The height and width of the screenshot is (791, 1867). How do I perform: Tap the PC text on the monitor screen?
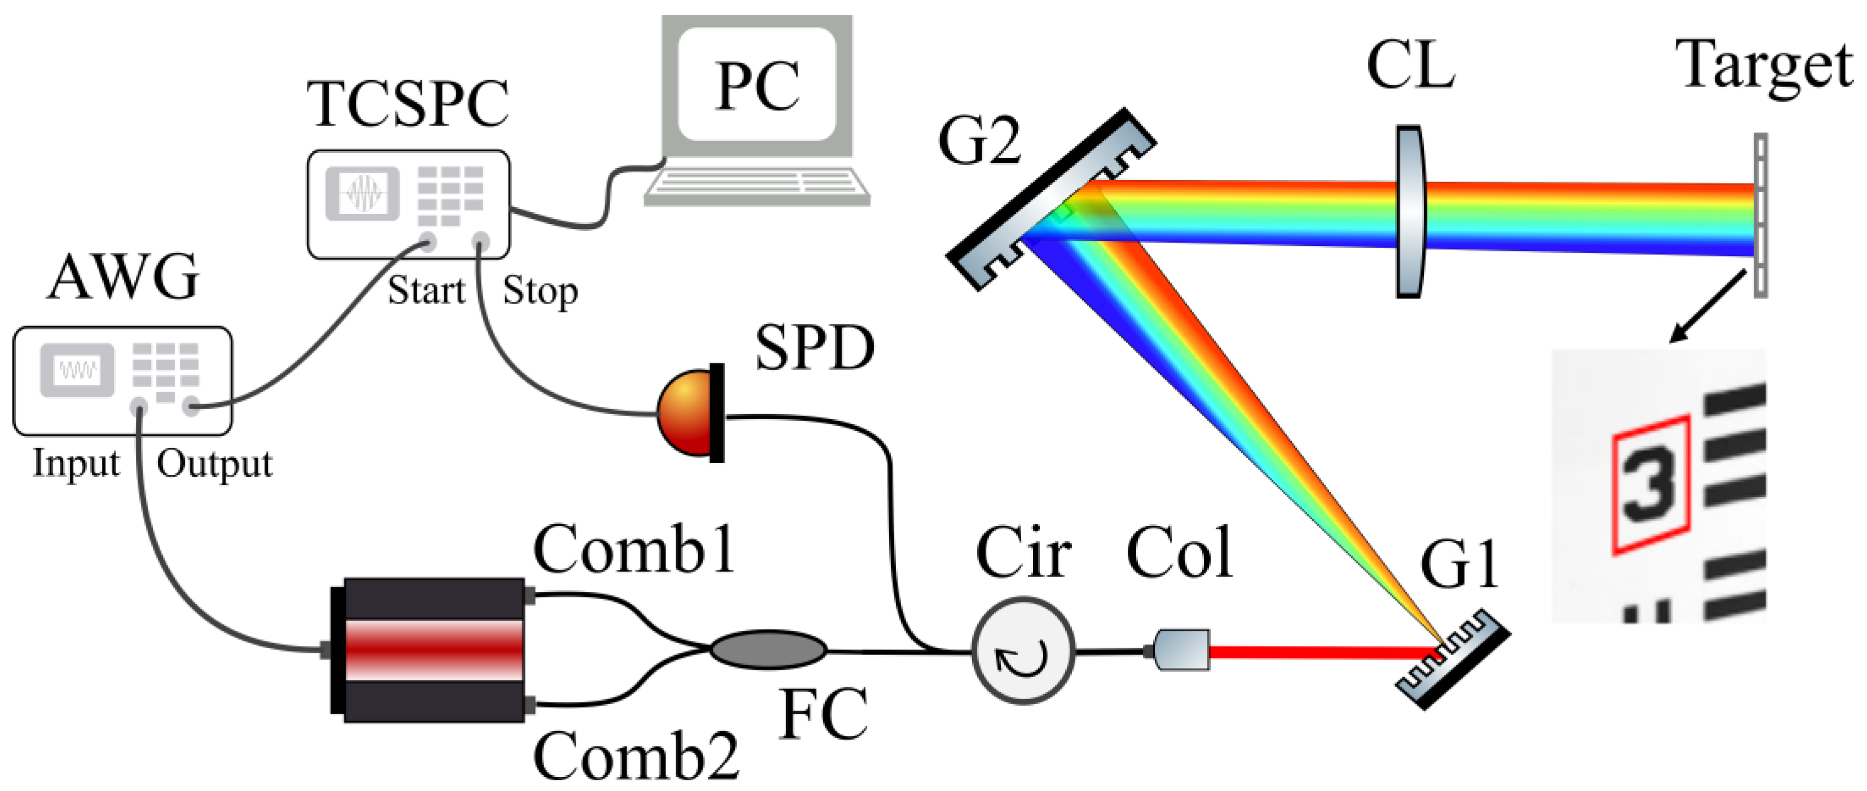(757, 87)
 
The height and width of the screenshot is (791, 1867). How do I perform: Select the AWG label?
(123, 278)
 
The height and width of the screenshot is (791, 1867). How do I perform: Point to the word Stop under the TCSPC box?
(540, 292)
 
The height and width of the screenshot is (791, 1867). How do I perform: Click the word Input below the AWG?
(76, 464)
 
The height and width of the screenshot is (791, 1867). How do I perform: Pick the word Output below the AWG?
(214, 464)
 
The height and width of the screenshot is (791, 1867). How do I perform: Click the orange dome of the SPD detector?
(685, 413)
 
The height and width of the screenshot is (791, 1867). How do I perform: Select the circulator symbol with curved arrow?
(1023, 651)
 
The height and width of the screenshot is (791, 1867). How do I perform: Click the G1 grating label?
(1458, 565)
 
